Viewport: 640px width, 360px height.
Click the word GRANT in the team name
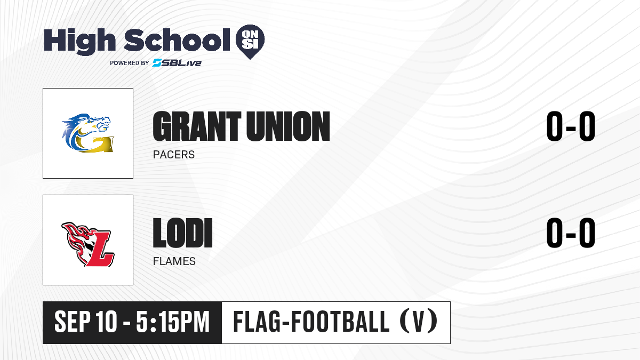click(197, 126)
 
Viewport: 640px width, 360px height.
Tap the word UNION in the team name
click(288, 126)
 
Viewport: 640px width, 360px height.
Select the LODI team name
click(183, 233)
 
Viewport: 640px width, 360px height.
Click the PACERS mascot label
click(174, 155)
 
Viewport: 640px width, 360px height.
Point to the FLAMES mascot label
click(174, 261)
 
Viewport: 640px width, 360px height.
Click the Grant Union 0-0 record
click(571, 126)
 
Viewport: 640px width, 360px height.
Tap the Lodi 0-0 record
click(571, 233)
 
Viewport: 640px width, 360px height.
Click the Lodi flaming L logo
click(87, 244)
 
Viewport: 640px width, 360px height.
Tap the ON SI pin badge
click(250, 42)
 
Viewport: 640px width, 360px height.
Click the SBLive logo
click(177, 62)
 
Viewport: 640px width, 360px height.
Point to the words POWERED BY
click(129, 63)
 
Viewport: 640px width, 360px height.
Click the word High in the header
click(79, 42)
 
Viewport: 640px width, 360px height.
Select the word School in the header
click(177, 40)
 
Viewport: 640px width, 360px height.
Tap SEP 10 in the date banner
click(86, 322)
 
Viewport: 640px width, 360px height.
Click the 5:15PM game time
click(173, 322)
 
